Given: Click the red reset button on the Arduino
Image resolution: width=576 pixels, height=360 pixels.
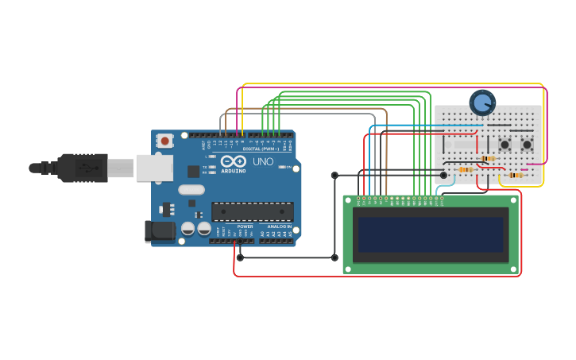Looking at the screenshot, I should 164,141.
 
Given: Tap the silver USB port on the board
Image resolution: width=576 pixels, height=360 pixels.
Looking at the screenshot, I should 154,168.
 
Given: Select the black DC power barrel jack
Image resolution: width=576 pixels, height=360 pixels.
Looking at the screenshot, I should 159,231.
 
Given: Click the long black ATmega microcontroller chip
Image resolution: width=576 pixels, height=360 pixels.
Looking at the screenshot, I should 253,211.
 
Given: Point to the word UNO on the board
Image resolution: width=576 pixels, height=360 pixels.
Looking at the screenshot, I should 263,162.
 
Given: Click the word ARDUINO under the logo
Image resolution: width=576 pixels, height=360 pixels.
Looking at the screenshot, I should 234,171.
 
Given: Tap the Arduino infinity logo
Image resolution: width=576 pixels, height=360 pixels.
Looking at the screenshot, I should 234,161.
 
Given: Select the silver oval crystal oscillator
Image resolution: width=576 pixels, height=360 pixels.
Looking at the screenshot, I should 191,190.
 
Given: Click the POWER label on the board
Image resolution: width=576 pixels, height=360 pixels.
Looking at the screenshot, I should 245,226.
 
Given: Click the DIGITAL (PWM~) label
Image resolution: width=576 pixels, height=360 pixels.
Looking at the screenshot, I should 262,149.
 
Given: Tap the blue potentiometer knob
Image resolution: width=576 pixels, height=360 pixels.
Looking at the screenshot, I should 482,103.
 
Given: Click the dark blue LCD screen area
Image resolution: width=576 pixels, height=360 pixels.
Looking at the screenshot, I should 431,235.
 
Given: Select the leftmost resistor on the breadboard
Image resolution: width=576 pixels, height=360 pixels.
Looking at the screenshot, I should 466,169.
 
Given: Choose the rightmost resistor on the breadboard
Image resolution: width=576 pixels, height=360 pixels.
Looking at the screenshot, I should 515,175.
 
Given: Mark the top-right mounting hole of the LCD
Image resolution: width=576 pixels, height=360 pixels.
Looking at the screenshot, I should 513,200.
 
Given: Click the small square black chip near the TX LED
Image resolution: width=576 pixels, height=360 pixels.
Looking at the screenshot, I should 193,171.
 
